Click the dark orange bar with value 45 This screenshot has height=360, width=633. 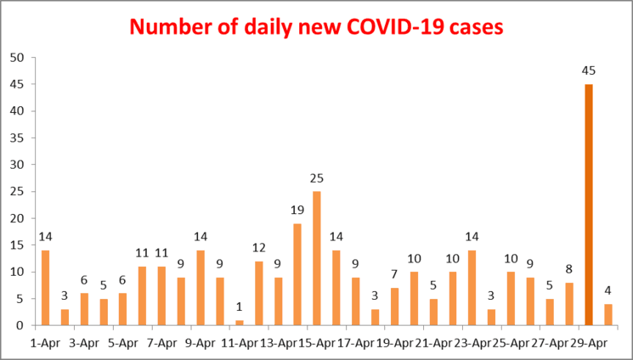[588, 205]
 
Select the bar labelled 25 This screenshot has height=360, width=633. [317, 258]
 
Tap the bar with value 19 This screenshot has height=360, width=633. [297, 274]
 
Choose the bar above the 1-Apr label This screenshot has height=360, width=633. [46, 288]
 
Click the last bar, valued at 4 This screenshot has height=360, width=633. [608, 314]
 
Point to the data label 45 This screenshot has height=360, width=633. [588, 70]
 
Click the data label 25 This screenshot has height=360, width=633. [317, 178]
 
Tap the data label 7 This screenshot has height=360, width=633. [394, 275]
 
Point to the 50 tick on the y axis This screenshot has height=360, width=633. [17, 58]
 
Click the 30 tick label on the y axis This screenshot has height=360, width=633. [17, 165]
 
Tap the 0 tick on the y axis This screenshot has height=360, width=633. [20, 325]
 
